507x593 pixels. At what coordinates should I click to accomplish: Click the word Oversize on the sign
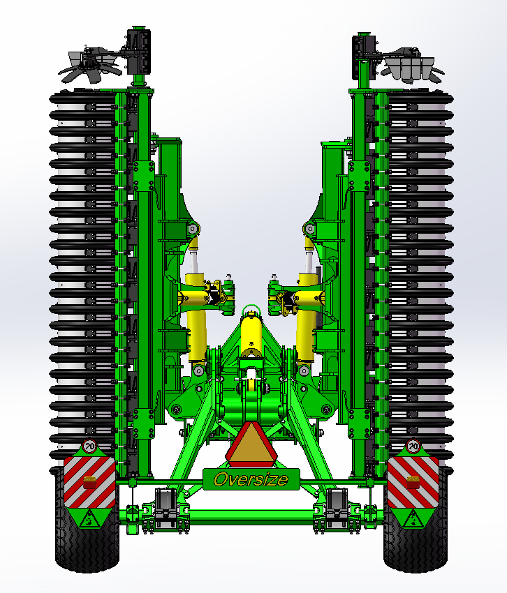pos(251,479)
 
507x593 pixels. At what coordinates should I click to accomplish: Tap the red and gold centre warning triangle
pos(251,445)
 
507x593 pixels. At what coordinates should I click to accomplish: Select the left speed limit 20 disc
pos(90,446)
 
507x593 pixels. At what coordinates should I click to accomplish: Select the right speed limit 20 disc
pos(413,446)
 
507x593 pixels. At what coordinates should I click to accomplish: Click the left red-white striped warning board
pos(89,482)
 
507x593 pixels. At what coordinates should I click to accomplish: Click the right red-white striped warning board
pos(413,482)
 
